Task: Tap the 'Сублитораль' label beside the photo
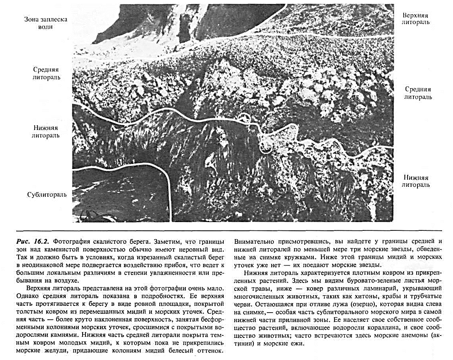coord(47,194)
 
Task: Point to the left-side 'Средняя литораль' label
coord(47,73)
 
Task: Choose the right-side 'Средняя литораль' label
coord(418,93)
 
